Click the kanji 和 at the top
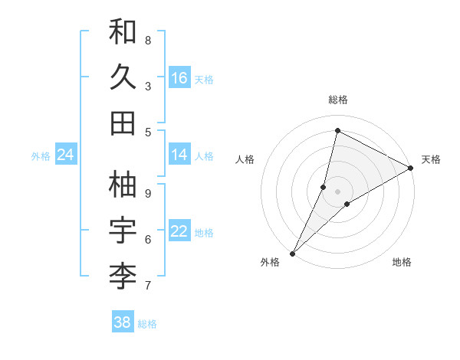tap(123, 32)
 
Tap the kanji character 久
tap(123, 77)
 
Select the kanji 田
tap(123, 123)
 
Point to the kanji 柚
tap(123, 185)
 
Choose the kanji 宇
tap(123, 231)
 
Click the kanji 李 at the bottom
tap(123, 277)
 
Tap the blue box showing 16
tap(179, 78)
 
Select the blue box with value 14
tap(179, 155)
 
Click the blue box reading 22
tap(179, 231)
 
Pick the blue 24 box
tap(66, 155)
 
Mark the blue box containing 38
tap(123, 322)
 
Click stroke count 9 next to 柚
tap(148, 193)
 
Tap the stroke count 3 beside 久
tap(148, 86)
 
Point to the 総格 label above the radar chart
tap(337, 100)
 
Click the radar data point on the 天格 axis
tap(410, 169)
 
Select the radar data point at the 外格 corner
tap(292, 253)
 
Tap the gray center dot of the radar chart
tap(337, 191)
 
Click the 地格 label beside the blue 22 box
tap(204, 232)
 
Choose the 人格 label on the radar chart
tap(245, 159)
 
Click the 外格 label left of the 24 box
tap(41, 155)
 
